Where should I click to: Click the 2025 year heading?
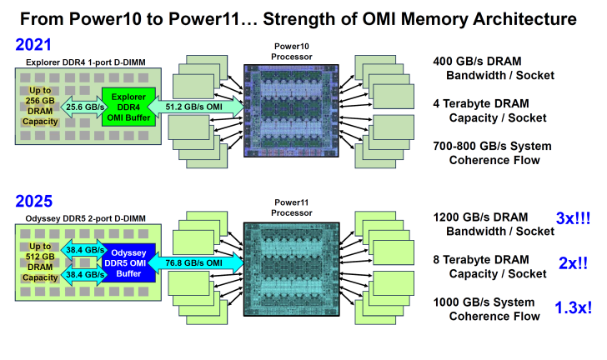[x=33, y=201]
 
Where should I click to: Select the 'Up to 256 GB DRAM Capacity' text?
[x=40, y=107]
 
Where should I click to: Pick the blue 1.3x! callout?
[x=573, y=307]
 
